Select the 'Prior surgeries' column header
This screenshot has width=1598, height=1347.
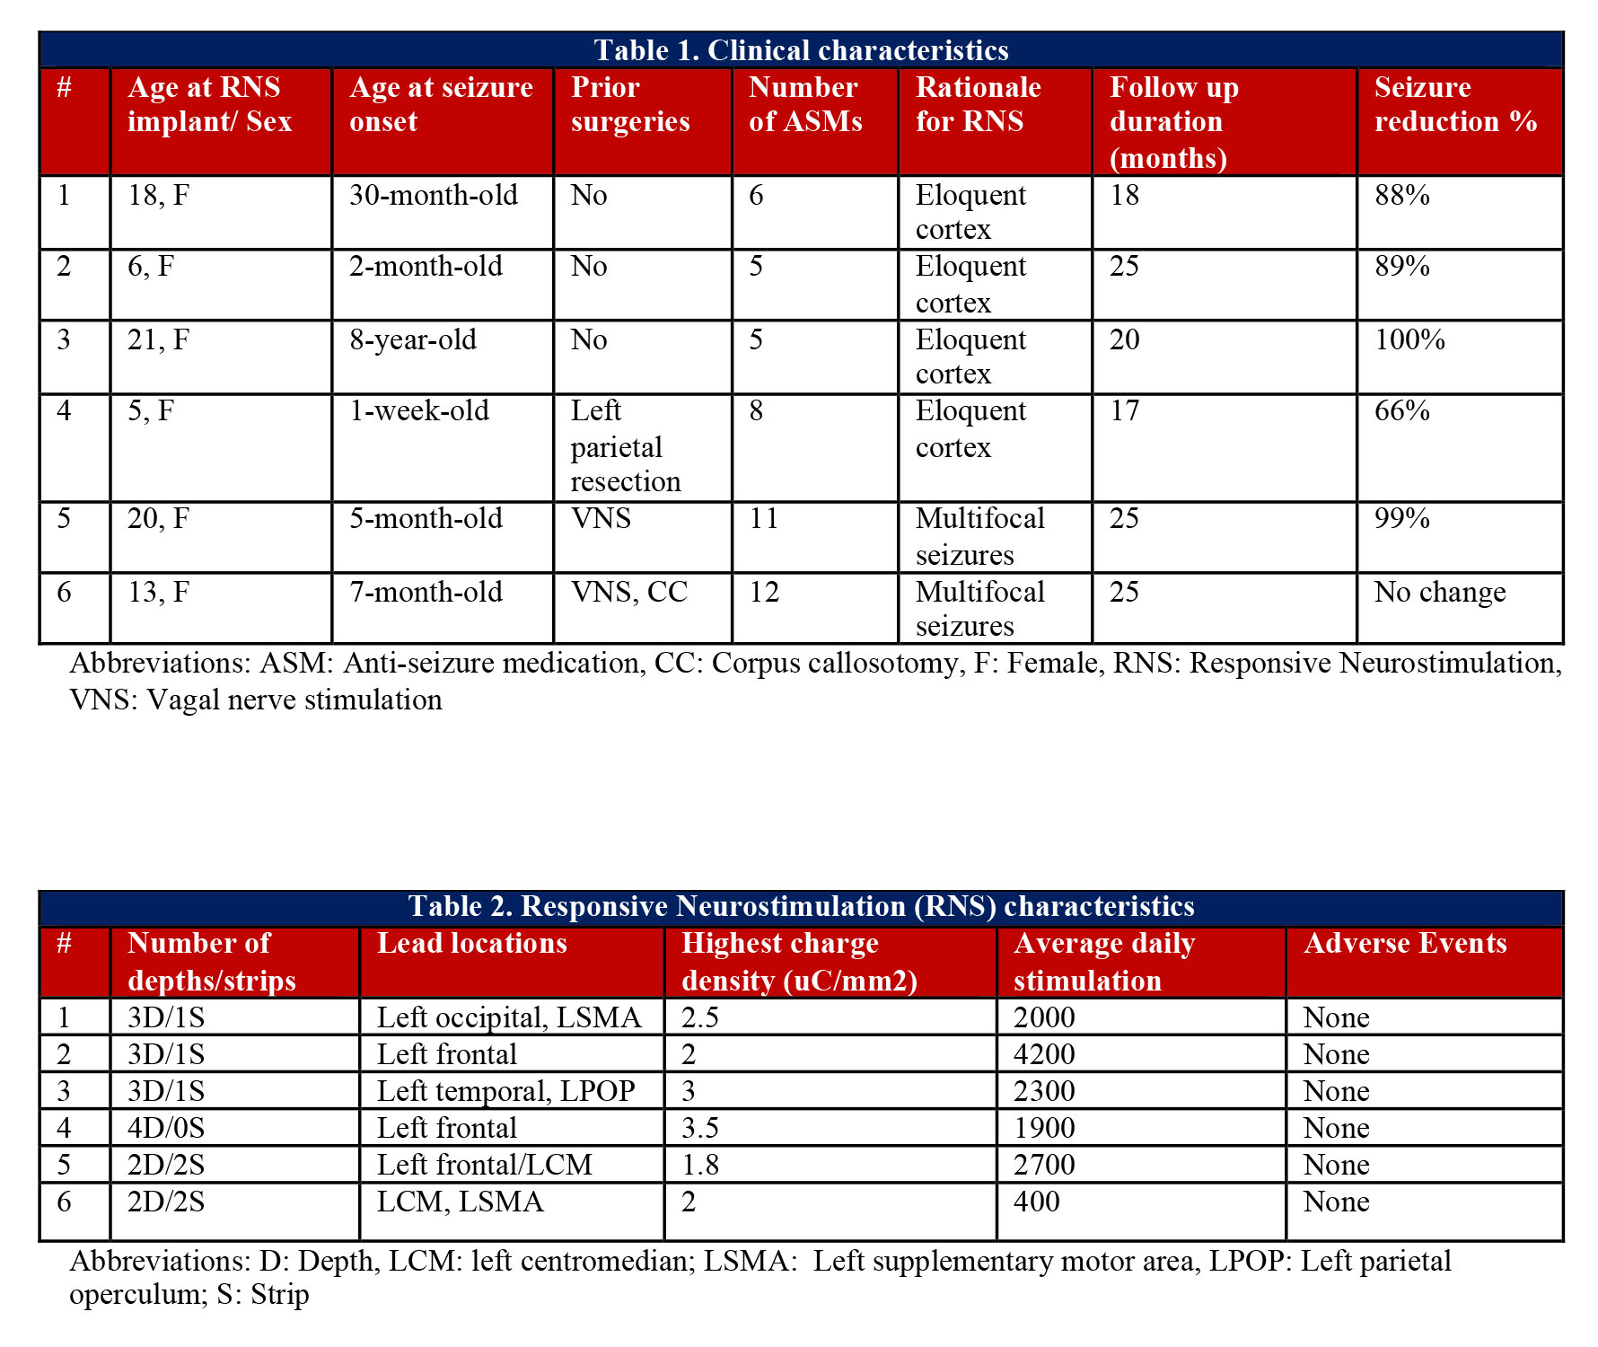click(x=630, y=104)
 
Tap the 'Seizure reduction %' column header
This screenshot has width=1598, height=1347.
click(x=1455, y=104)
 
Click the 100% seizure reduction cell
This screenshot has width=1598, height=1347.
click(x=1409, y=339)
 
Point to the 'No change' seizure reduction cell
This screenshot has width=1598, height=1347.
click(x=1440, y=592)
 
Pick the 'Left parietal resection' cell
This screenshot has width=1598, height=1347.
click(x=625, y=446)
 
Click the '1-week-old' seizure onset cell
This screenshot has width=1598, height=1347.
click(x=419, y=410)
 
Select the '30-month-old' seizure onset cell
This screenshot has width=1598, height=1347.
click(x=434, y=195)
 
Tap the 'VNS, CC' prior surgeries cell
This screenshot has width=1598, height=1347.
click(x=629, y=592)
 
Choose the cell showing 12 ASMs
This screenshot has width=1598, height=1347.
click(x=764, y=592)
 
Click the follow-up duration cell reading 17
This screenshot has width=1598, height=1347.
click(x=1125, y=410)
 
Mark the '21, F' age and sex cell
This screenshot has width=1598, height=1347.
click(x=158, y=339)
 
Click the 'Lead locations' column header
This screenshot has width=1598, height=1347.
click(x=472, y=943)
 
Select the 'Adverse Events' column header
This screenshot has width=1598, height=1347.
click(x=1405, y=943)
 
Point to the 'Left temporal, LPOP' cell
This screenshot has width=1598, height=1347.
click(x=505, y=1091)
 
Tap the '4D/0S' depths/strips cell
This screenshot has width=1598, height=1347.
click(x=166, y=1128)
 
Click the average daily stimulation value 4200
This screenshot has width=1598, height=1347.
click(x=1044, y=1054)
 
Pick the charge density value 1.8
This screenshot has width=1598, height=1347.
click(x=700, y=1165)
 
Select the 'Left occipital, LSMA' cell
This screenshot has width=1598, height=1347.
click(x=509, y=1017)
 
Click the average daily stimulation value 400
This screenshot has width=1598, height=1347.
click(x=1037, y=1202)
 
